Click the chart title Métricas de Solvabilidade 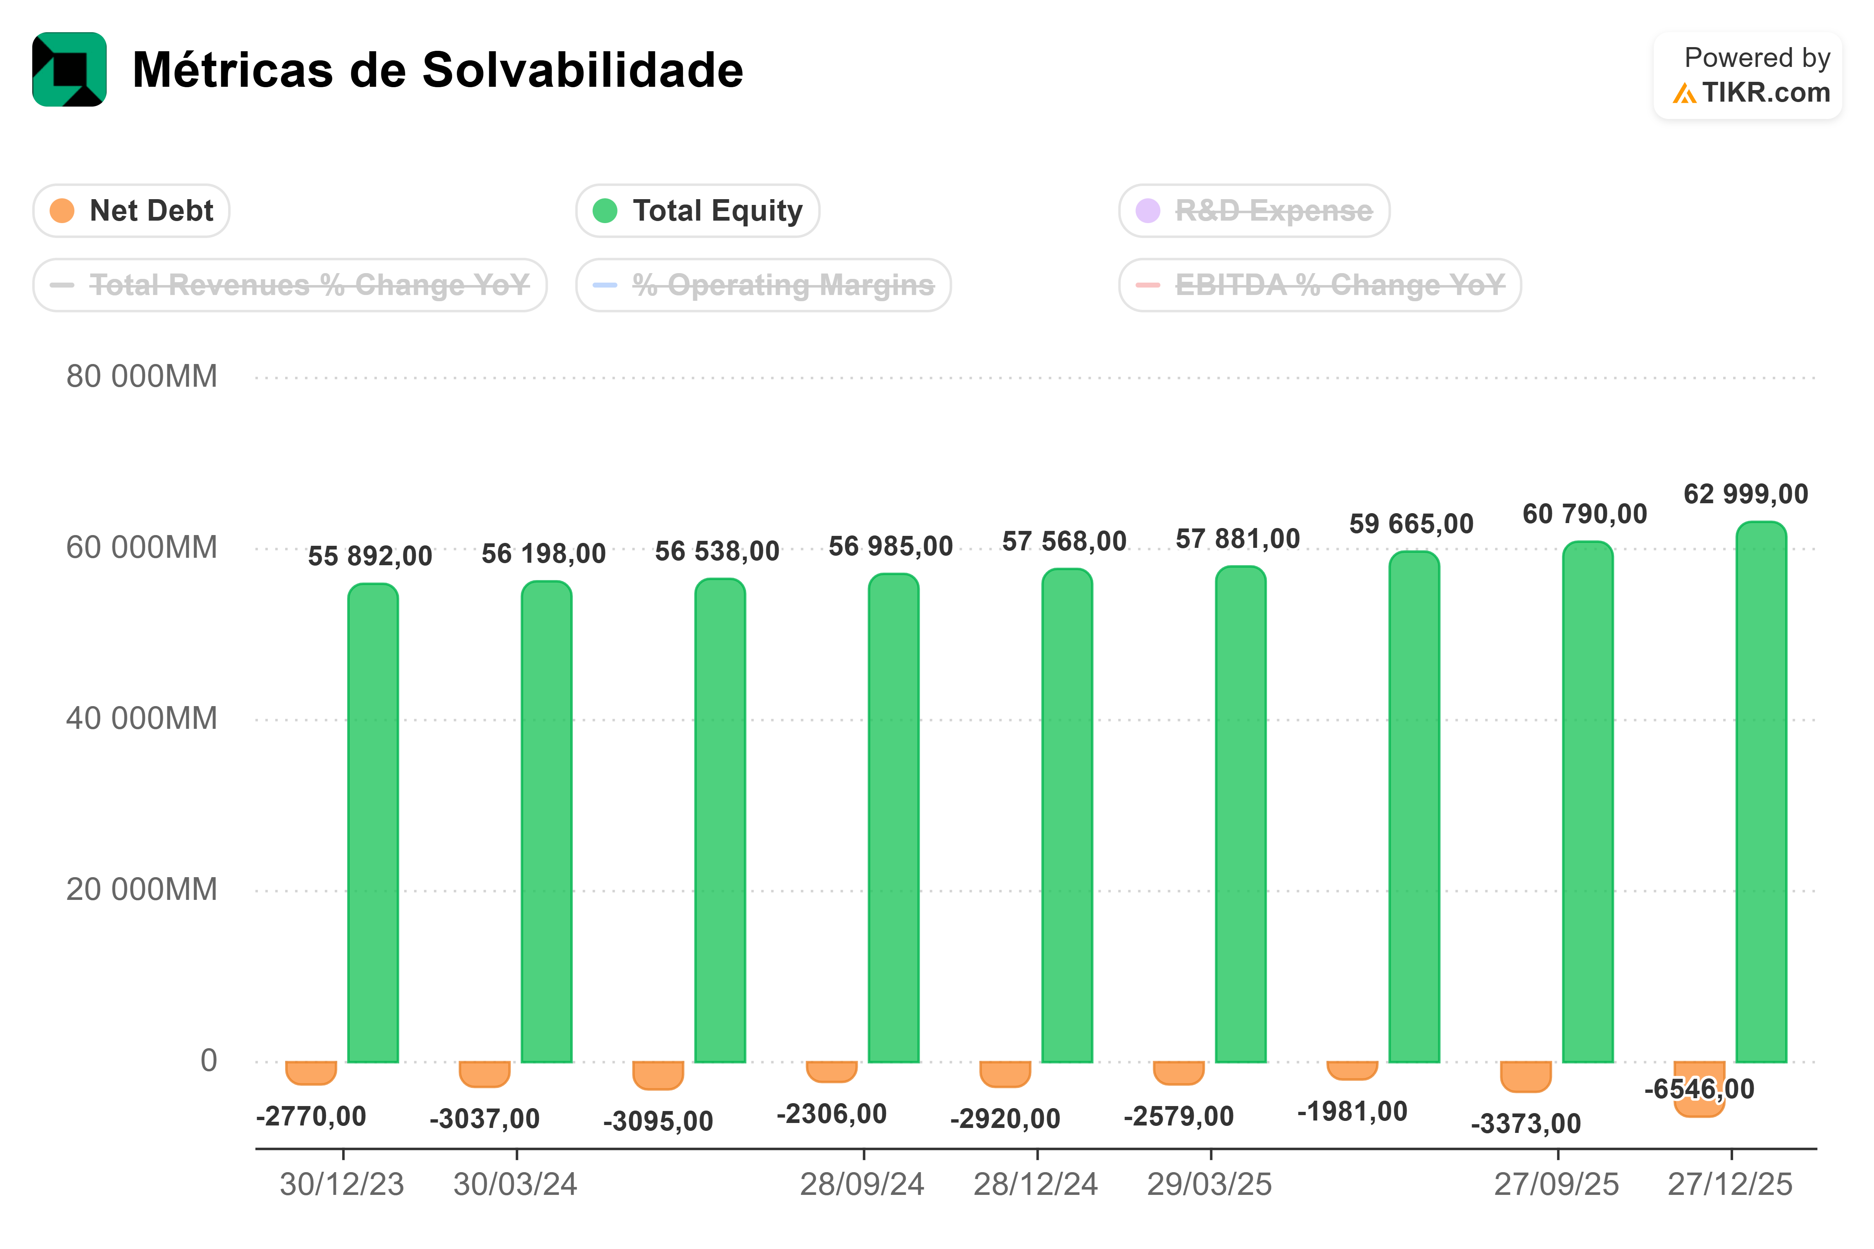pyautogui.click(x=437, y=70)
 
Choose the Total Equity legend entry pyautogui.click(x=698, y=211)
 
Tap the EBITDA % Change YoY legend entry pyautogui.click(x=1320, y=285)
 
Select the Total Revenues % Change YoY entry pyautogui.click(x=290, y=285)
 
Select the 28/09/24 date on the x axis pyautogui.click(x=862, y=1185)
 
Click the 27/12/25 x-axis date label pyautogui.click(x=1730, y=1185)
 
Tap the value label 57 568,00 pyautogui.click(x=1064, y=542)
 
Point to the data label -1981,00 pyautogui.click(x=1352, y=1111)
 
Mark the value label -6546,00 pyautogui.click(x=1700, y=1089)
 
